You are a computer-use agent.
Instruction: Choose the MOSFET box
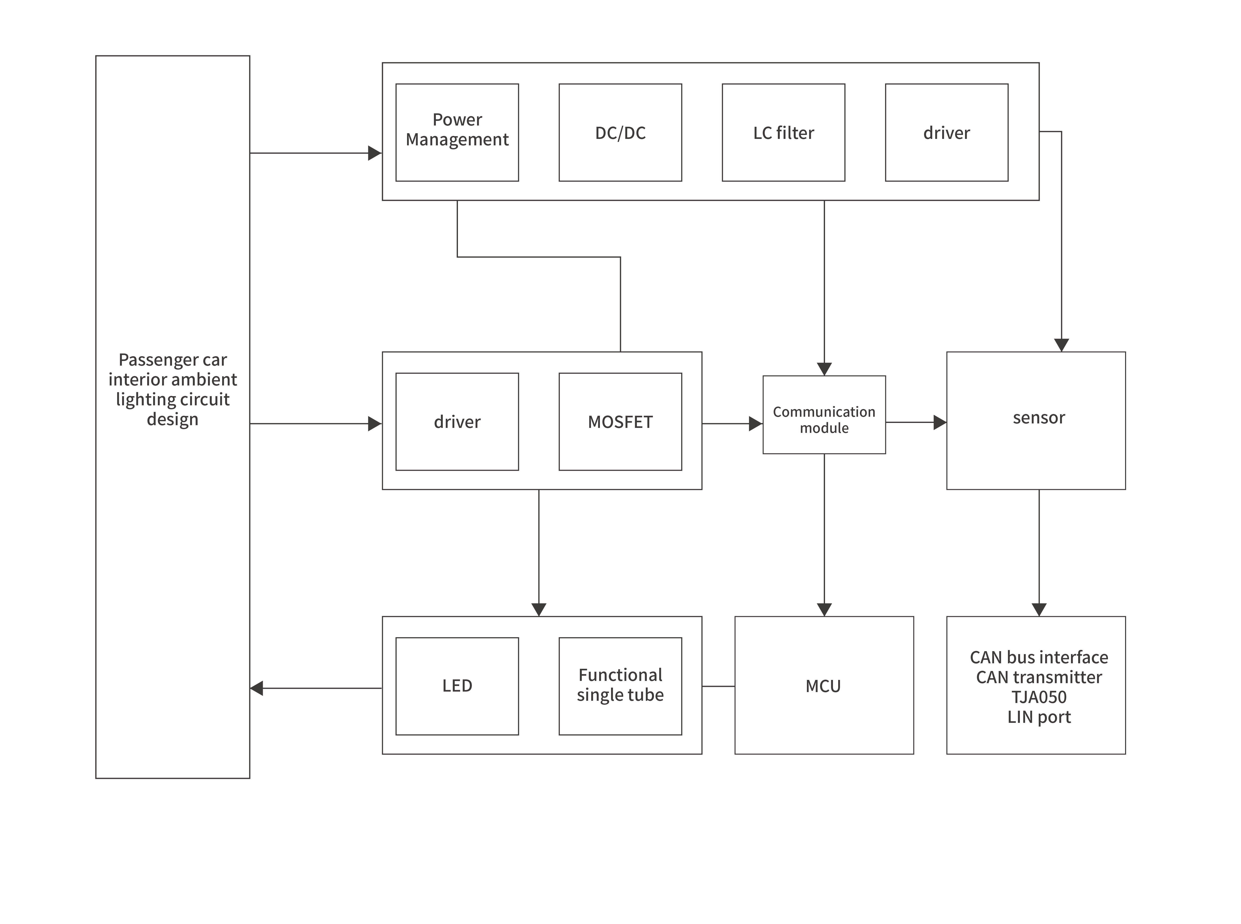pos(620,421)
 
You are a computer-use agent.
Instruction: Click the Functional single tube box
pos(620,686)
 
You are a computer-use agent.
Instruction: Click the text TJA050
pos(1038,697)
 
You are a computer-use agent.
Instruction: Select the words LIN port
pos(1038,717)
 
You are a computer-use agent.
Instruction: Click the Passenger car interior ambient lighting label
pos(172,389)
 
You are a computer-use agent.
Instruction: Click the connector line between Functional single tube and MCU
pos(718,686)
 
